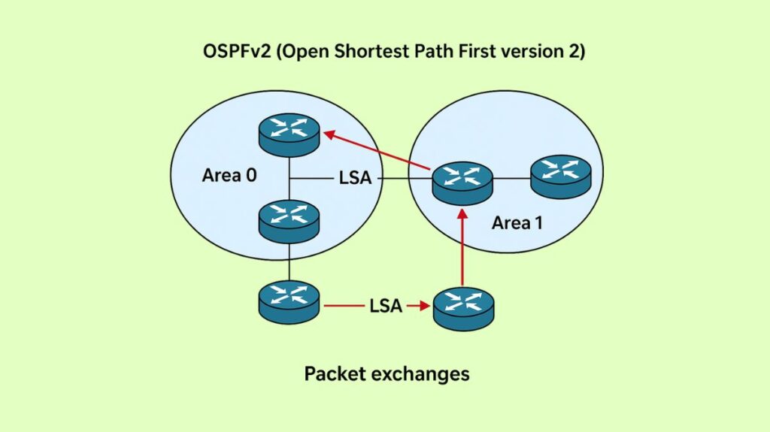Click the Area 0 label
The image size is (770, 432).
(x=229, y=175)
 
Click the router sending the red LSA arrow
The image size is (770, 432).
(x=289, y=302)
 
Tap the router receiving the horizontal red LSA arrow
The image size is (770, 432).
(x=464, y=309)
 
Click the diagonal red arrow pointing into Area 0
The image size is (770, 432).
(x=376, y=151)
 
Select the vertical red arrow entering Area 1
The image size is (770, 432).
(x=463, y=248)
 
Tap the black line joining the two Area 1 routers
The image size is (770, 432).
(x=512, y=179)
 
